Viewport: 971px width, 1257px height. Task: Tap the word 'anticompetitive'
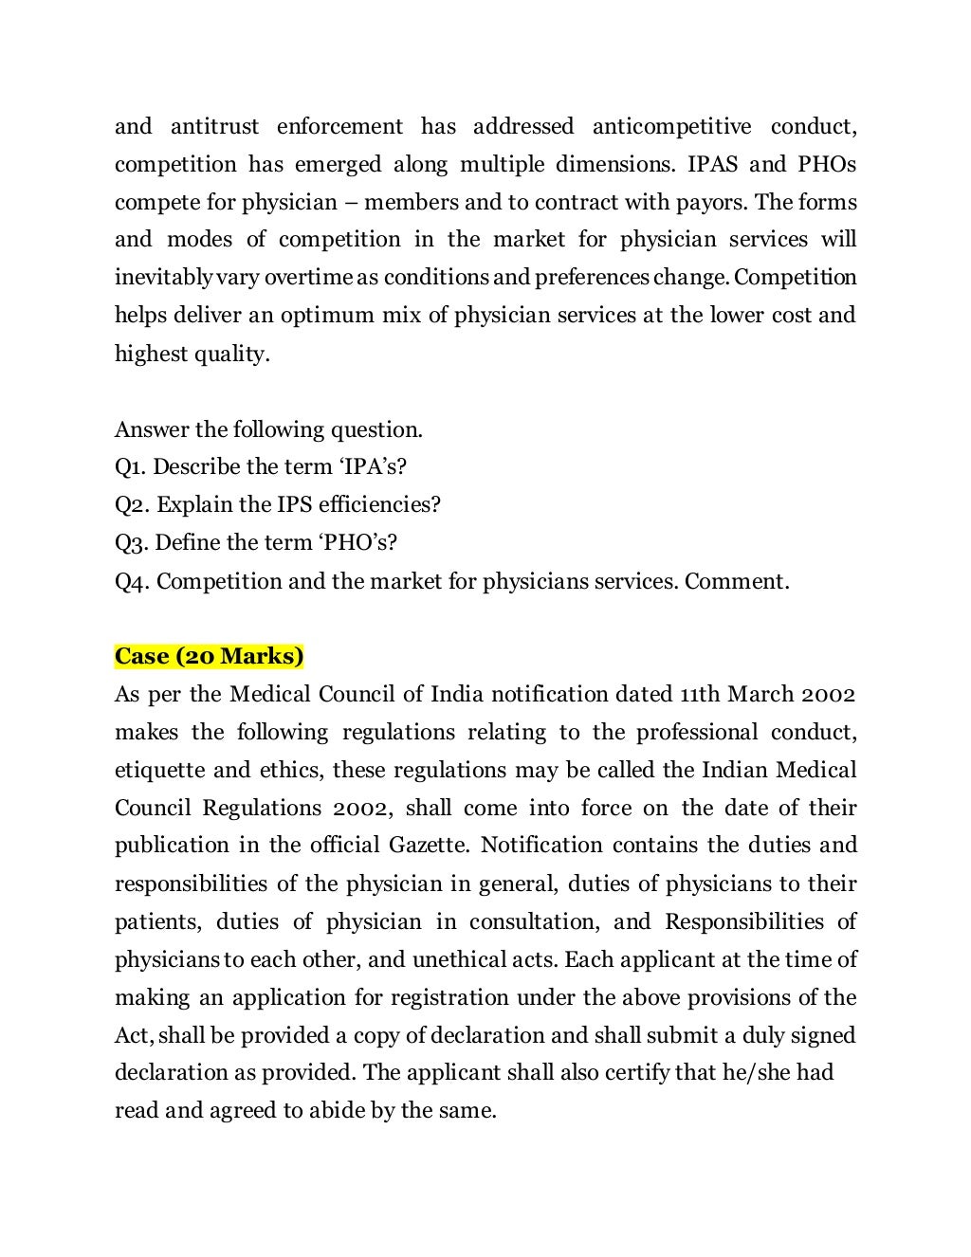(671, 127)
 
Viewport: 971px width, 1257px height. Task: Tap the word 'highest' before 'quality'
(150, 354)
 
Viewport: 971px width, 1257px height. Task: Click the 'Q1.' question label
(131, 467)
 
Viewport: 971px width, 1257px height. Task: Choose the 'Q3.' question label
(132, 543)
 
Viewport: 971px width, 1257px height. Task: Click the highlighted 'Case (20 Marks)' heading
(210, 656)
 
